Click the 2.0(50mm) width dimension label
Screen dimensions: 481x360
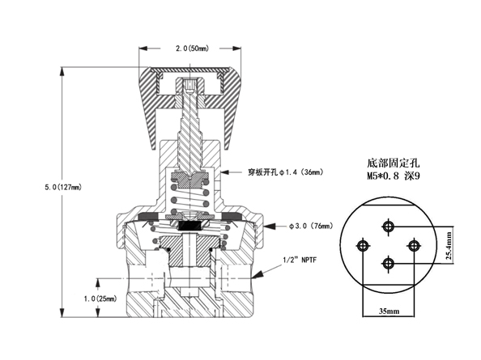[x=192, y=49]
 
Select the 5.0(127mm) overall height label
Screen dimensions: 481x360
[x=63, y=187]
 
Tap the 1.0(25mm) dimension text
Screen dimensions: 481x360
[x=100, y=299]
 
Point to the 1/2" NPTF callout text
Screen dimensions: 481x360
[x=300, y=260]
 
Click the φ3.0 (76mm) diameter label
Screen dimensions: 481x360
[x=311, y=226]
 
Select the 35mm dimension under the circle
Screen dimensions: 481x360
[x=389, y=311]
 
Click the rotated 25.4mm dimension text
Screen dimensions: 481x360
[x=449, y=246]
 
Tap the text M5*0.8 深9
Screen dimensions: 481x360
[x=394, y=176]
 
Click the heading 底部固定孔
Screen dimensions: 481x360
[x=394, y=163]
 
